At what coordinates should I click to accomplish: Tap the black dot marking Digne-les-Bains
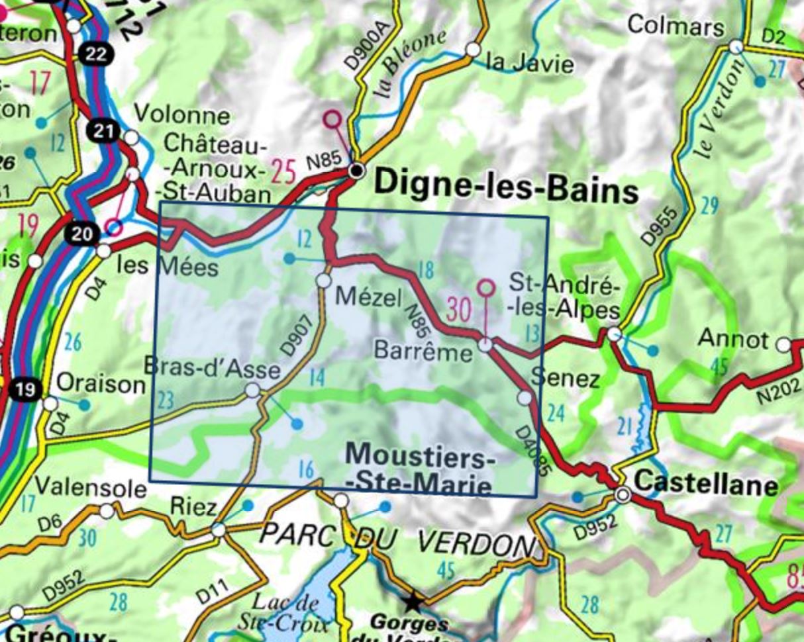tap(358, 171)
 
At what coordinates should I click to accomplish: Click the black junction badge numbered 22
tap(96, 54)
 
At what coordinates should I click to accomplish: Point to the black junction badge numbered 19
tap(25, 390)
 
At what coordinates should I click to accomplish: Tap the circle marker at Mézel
tap(323, 281)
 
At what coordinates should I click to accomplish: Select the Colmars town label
tap(676, 26)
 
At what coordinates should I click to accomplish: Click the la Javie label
tap(530, 63)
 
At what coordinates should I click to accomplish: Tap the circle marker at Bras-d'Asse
tap(252, 390)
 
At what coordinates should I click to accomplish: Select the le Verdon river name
tap(711, 119)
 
